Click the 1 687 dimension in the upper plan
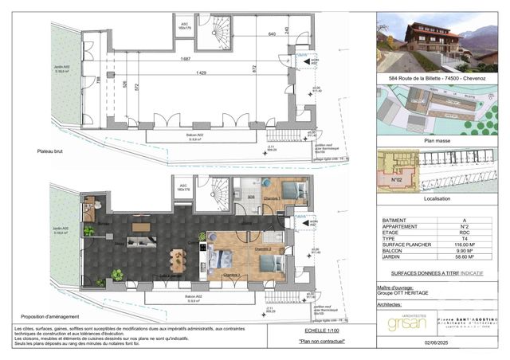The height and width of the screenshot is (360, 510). pyautogui.click(x=185, y=59)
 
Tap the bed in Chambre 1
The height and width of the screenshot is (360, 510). pyautogui.click(x=291, y=191)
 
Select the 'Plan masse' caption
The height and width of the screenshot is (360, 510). pyautogui.click(x=438, y=139)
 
